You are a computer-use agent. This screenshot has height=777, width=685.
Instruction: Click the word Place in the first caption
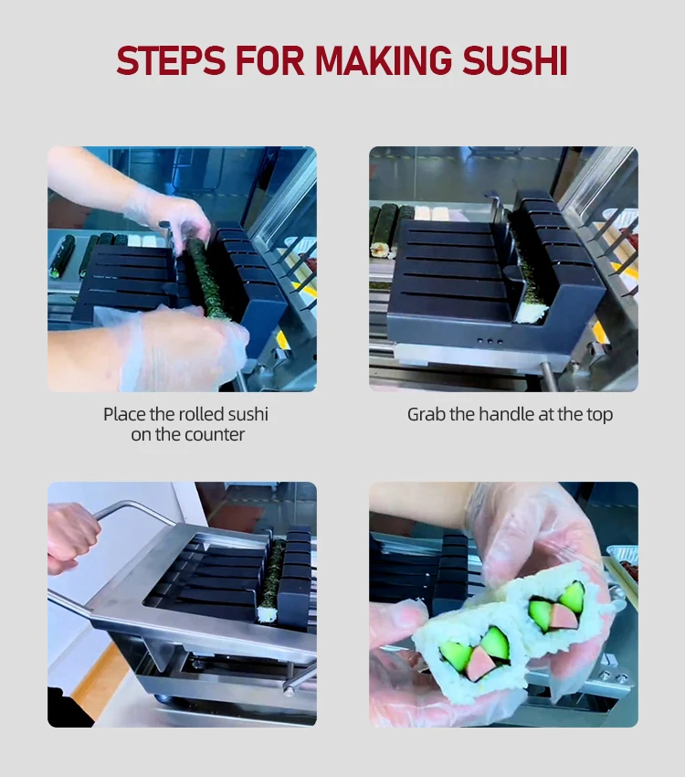tap(124, 414)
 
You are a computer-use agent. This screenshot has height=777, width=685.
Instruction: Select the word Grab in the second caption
tap(425, 414)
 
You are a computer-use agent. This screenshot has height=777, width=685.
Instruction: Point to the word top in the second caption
tap(598, 414)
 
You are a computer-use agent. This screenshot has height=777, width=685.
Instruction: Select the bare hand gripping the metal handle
tap(71, 539)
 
